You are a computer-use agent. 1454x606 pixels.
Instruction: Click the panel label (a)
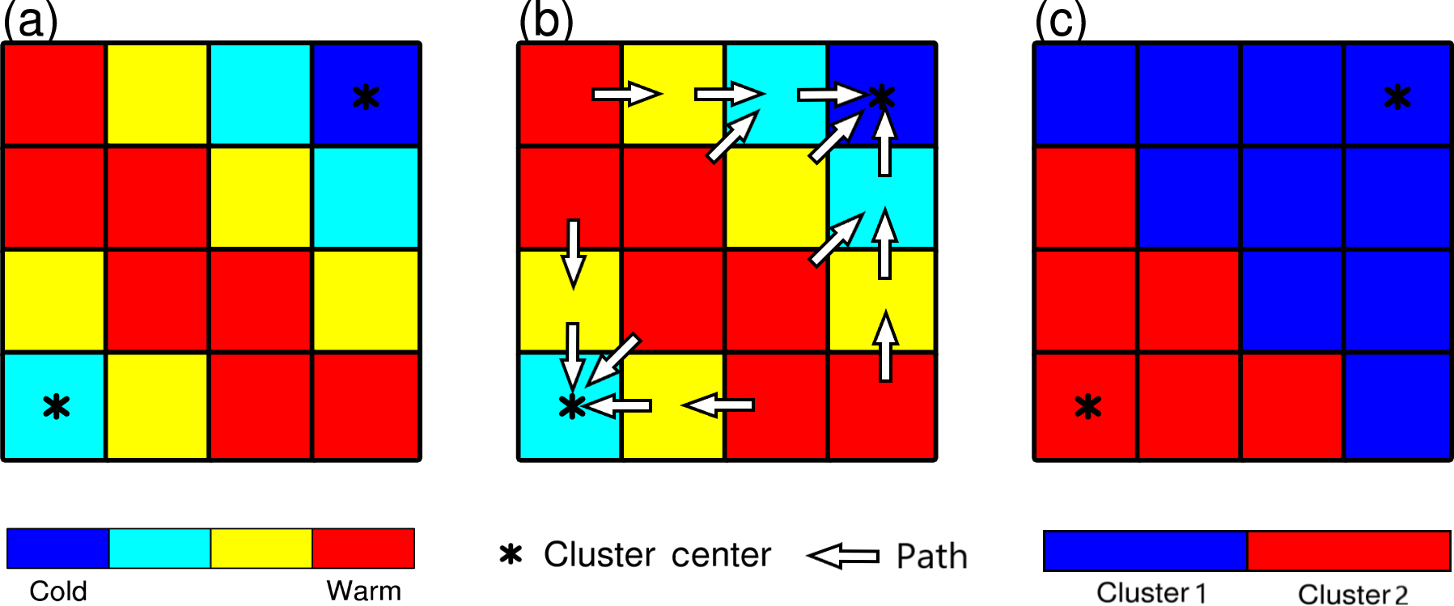point(31,20)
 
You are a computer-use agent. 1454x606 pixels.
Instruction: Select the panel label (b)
point(546,20)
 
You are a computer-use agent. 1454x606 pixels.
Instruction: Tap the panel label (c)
point(1061,20)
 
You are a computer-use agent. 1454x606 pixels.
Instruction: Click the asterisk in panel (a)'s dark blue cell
point(366,97)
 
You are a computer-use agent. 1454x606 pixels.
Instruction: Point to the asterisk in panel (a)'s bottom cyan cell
point(56,406)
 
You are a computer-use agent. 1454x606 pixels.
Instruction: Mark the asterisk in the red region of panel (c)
point(1088,406)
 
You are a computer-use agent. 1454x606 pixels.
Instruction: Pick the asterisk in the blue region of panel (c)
point(1397,97)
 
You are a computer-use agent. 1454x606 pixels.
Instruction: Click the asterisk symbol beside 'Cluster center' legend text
point(511,554)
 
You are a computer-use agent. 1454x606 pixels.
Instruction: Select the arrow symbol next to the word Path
point(843,556)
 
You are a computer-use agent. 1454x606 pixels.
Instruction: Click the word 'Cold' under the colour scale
point(57,591)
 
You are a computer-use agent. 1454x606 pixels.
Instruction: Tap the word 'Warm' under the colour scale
point(363,591)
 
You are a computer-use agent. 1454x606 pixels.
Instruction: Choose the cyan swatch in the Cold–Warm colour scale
point(159,549)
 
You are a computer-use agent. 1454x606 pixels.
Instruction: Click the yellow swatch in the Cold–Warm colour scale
point(261,549)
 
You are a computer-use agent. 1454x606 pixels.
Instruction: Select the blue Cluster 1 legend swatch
point(1145,551)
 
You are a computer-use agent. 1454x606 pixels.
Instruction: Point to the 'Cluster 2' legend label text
point(1353,593)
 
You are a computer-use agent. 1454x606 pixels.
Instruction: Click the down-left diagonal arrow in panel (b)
point(613,360)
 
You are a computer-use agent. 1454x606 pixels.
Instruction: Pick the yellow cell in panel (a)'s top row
point(158,95)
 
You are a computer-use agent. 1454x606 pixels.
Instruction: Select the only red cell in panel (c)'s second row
point(1086,198)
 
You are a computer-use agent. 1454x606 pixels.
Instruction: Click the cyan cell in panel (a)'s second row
point(366,198)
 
